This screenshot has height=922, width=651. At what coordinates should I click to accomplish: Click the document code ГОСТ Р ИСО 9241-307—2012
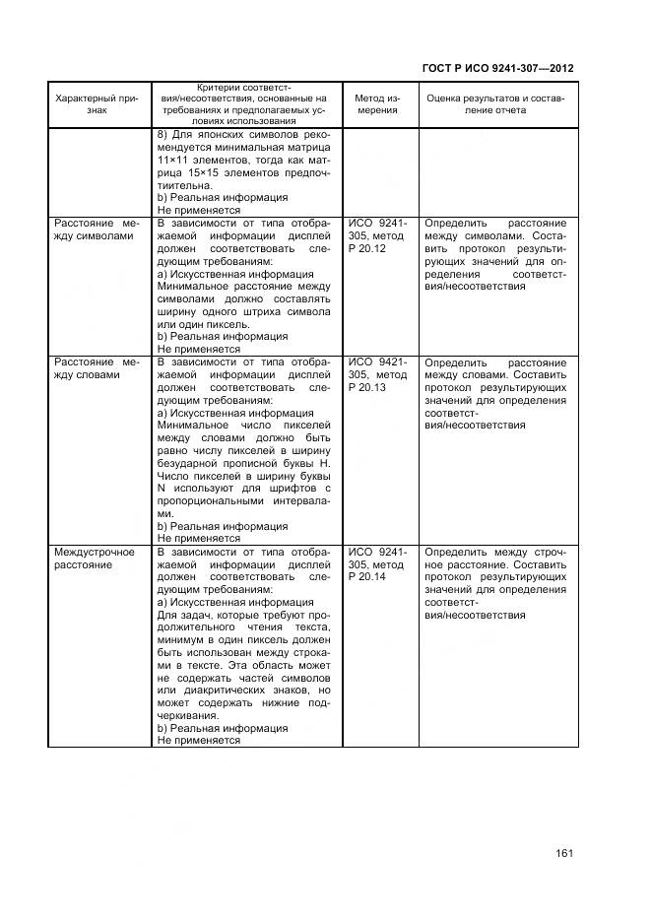tap(497, 68)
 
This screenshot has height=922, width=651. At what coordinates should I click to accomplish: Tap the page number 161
tap(563, 853)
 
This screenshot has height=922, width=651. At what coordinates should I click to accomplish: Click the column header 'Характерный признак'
tap(98, 104)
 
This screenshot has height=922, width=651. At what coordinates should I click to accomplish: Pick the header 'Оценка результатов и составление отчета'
tap(496, 104)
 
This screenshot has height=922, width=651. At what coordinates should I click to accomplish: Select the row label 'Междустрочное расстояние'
tap(95, 560)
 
